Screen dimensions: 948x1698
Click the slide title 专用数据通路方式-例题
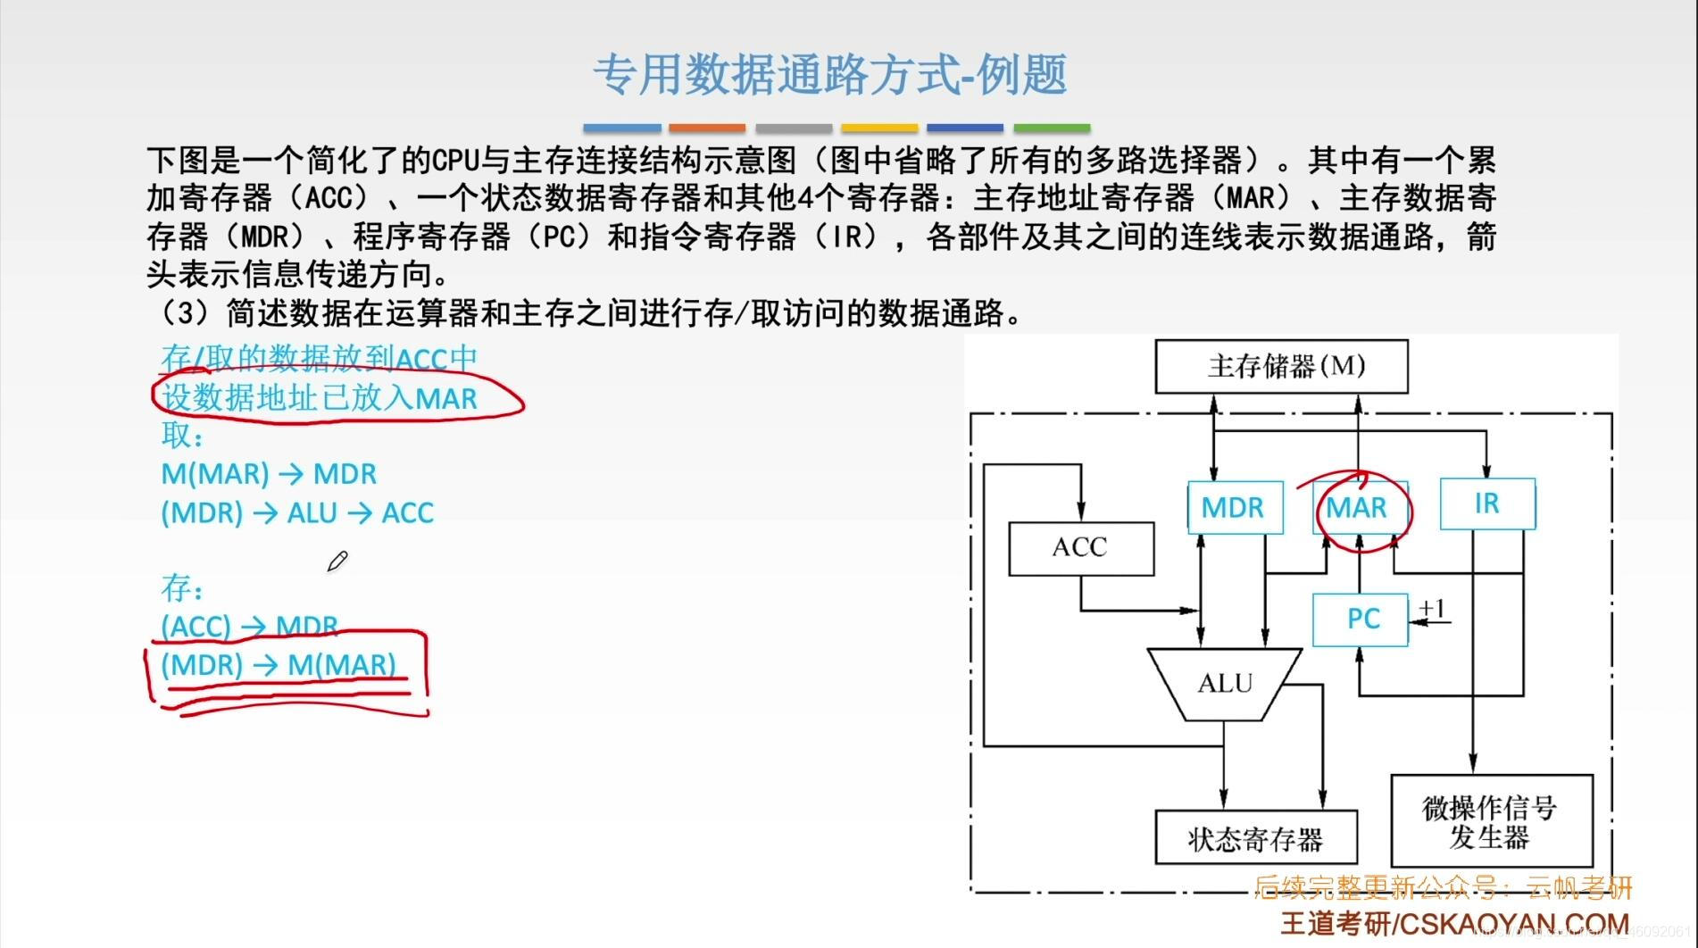coord(829,74)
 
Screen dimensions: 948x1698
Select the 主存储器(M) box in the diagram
coord(1281,366)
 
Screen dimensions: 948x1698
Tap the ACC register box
coord(1080,547)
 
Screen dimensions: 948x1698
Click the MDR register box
coord(1234,507)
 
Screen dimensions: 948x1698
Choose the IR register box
coord(1487,504)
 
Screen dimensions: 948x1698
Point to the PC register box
coord(1361,619)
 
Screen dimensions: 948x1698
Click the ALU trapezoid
coord(1225,684)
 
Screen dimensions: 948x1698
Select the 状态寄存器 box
coord(1255,837)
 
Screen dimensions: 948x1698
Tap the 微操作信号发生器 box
coord(1491,822)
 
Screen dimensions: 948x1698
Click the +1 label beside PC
coord(1432,609)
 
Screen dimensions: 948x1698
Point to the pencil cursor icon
coord(337,561)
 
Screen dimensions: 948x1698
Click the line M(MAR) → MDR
coord(269,473)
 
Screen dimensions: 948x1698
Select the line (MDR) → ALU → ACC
coord(297,513)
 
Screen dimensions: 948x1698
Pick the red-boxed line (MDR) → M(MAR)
coord(279,665)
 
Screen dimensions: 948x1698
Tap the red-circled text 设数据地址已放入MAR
coord(320,398)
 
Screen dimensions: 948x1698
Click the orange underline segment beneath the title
coord(707,129)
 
